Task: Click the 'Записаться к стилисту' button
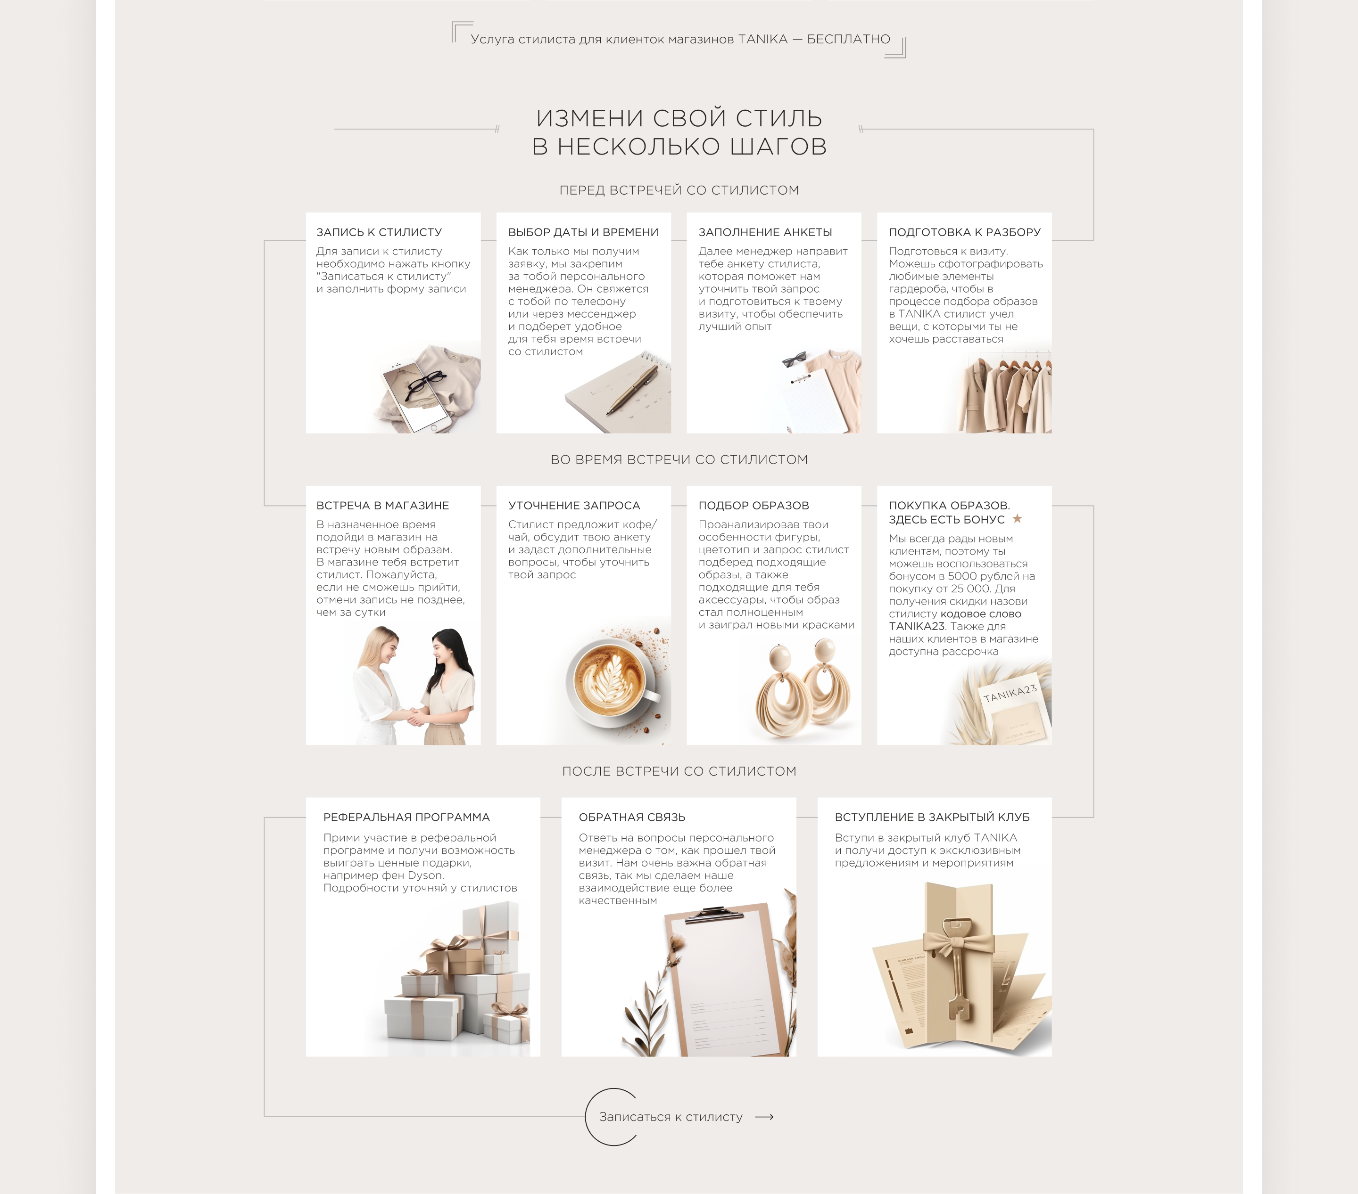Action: click(x=671, y=1117)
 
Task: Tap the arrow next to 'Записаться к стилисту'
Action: click(x=764, y=1117)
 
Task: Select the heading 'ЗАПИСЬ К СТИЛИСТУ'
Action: click(x=379, y=232)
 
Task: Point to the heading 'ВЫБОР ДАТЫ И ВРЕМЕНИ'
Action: click(x=583, y=232)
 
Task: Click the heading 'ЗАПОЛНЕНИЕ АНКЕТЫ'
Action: click(x=765, y=232)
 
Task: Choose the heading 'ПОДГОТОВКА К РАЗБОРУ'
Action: click(x=965, y=232)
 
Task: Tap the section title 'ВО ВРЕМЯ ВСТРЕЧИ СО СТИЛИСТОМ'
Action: click(x=679, y=459)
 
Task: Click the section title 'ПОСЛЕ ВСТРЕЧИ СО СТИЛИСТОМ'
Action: click(x=679, y=771)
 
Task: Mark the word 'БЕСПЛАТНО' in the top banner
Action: click(x=848, y=39)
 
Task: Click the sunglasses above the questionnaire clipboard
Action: click(x=794, y=359)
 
